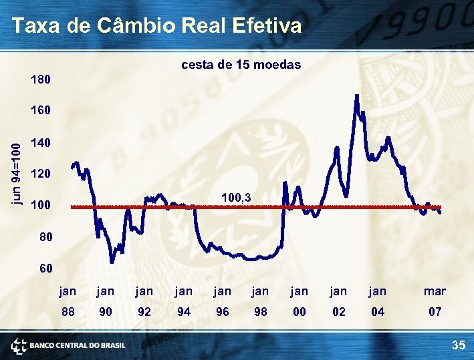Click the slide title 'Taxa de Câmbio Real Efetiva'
156,25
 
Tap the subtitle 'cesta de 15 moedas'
241,65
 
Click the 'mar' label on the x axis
435,291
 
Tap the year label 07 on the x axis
435,311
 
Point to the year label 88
68,311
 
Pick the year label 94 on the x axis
183,311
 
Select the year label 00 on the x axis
300,311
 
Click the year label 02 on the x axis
338,311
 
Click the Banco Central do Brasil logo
68,345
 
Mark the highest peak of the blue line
357,96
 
